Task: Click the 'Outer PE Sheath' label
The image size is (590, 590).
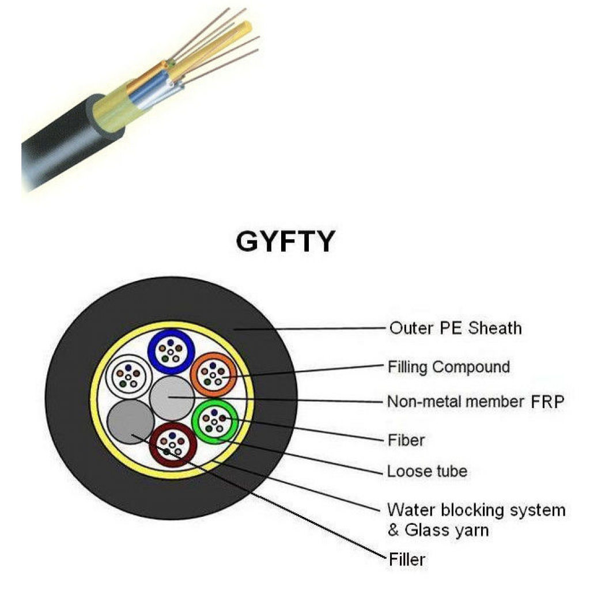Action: tap(455, 328)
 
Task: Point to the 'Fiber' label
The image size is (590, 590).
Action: tap(406, 441)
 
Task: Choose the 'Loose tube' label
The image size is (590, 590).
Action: tap(427, 472)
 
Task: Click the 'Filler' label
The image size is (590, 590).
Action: tap(407, 559)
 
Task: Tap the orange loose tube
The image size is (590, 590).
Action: tap(213, 373)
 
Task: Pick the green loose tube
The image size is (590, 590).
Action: tap(214, 423)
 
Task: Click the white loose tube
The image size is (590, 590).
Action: tap(127, 375)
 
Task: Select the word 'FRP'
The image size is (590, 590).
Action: tap(547, 402)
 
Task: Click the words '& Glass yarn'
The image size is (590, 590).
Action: tap(438, 531)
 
